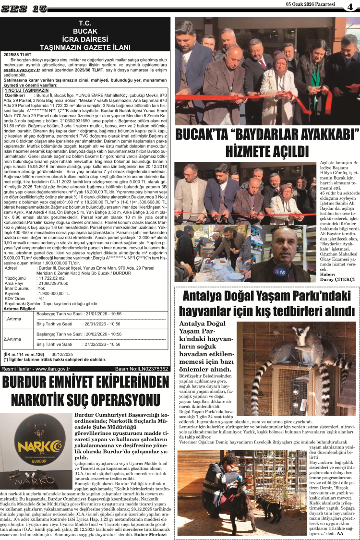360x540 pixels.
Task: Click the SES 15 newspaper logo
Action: [x=24, y=8]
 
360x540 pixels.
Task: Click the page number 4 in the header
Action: [x=350, y=7]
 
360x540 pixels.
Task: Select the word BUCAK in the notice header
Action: [x=85, y=31]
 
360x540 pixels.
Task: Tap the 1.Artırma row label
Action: [x=12, y=319]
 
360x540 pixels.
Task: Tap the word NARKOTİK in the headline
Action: [x=45, y=400]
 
